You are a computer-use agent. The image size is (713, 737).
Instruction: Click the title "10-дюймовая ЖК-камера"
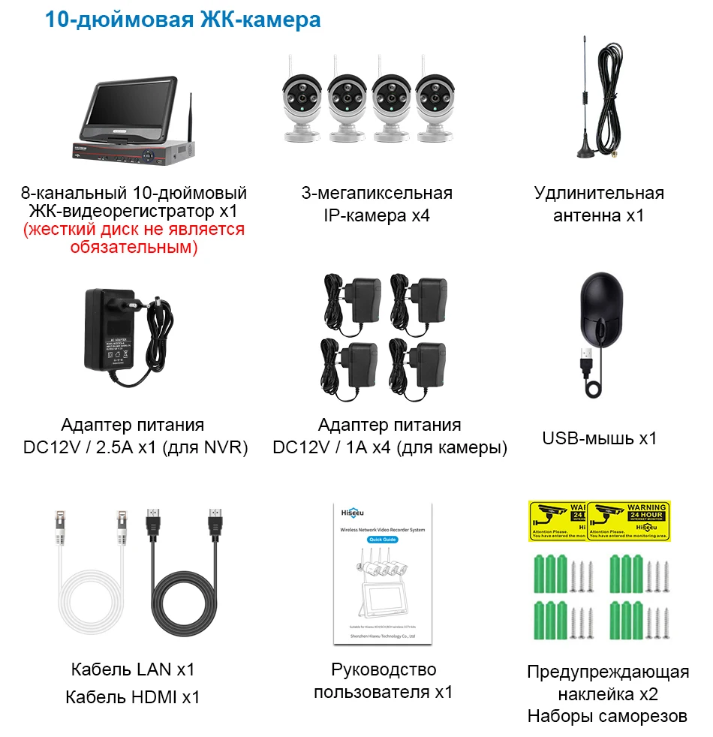[182, 20]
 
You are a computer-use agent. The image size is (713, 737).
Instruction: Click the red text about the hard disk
[134, 238]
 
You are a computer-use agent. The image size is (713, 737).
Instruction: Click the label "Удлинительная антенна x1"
[599, 204]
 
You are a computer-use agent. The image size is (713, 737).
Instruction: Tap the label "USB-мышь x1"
[599, 438]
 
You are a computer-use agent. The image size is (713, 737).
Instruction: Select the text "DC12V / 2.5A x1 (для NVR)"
[135, 448]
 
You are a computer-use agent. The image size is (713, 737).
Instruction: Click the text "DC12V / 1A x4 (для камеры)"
[390, 448]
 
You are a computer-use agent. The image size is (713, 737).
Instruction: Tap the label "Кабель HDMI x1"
[133, 696]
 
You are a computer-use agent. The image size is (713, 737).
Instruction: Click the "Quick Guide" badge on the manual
[383, 540]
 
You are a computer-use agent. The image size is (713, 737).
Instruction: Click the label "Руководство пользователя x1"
[384, 680]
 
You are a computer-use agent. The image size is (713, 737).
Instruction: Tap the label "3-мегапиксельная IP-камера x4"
[377, 204]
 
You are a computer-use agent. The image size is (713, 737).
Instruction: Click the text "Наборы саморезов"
[607, 716]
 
